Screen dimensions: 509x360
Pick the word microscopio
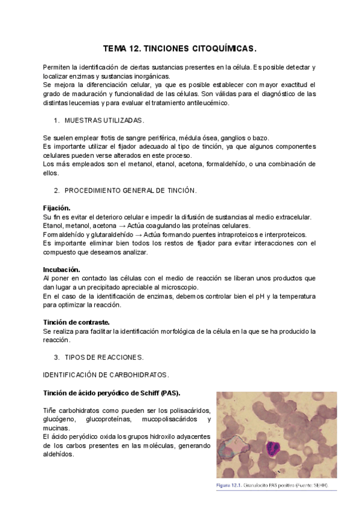181,287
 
